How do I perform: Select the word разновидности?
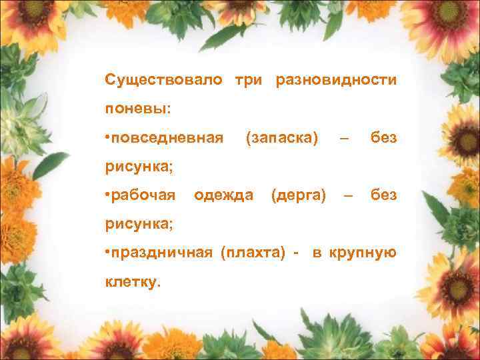pos(336,80)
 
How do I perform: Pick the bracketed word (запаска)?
pos(282,138)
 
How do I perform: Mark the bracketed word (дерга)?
pos(299,195)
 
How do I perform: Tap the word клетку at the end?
pos(131,282)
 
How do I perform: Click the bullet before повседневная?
pos(107,138)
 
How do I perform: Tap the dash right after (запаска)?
pos(344,138)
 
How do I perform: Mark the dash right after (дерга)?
pos(347,195)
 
